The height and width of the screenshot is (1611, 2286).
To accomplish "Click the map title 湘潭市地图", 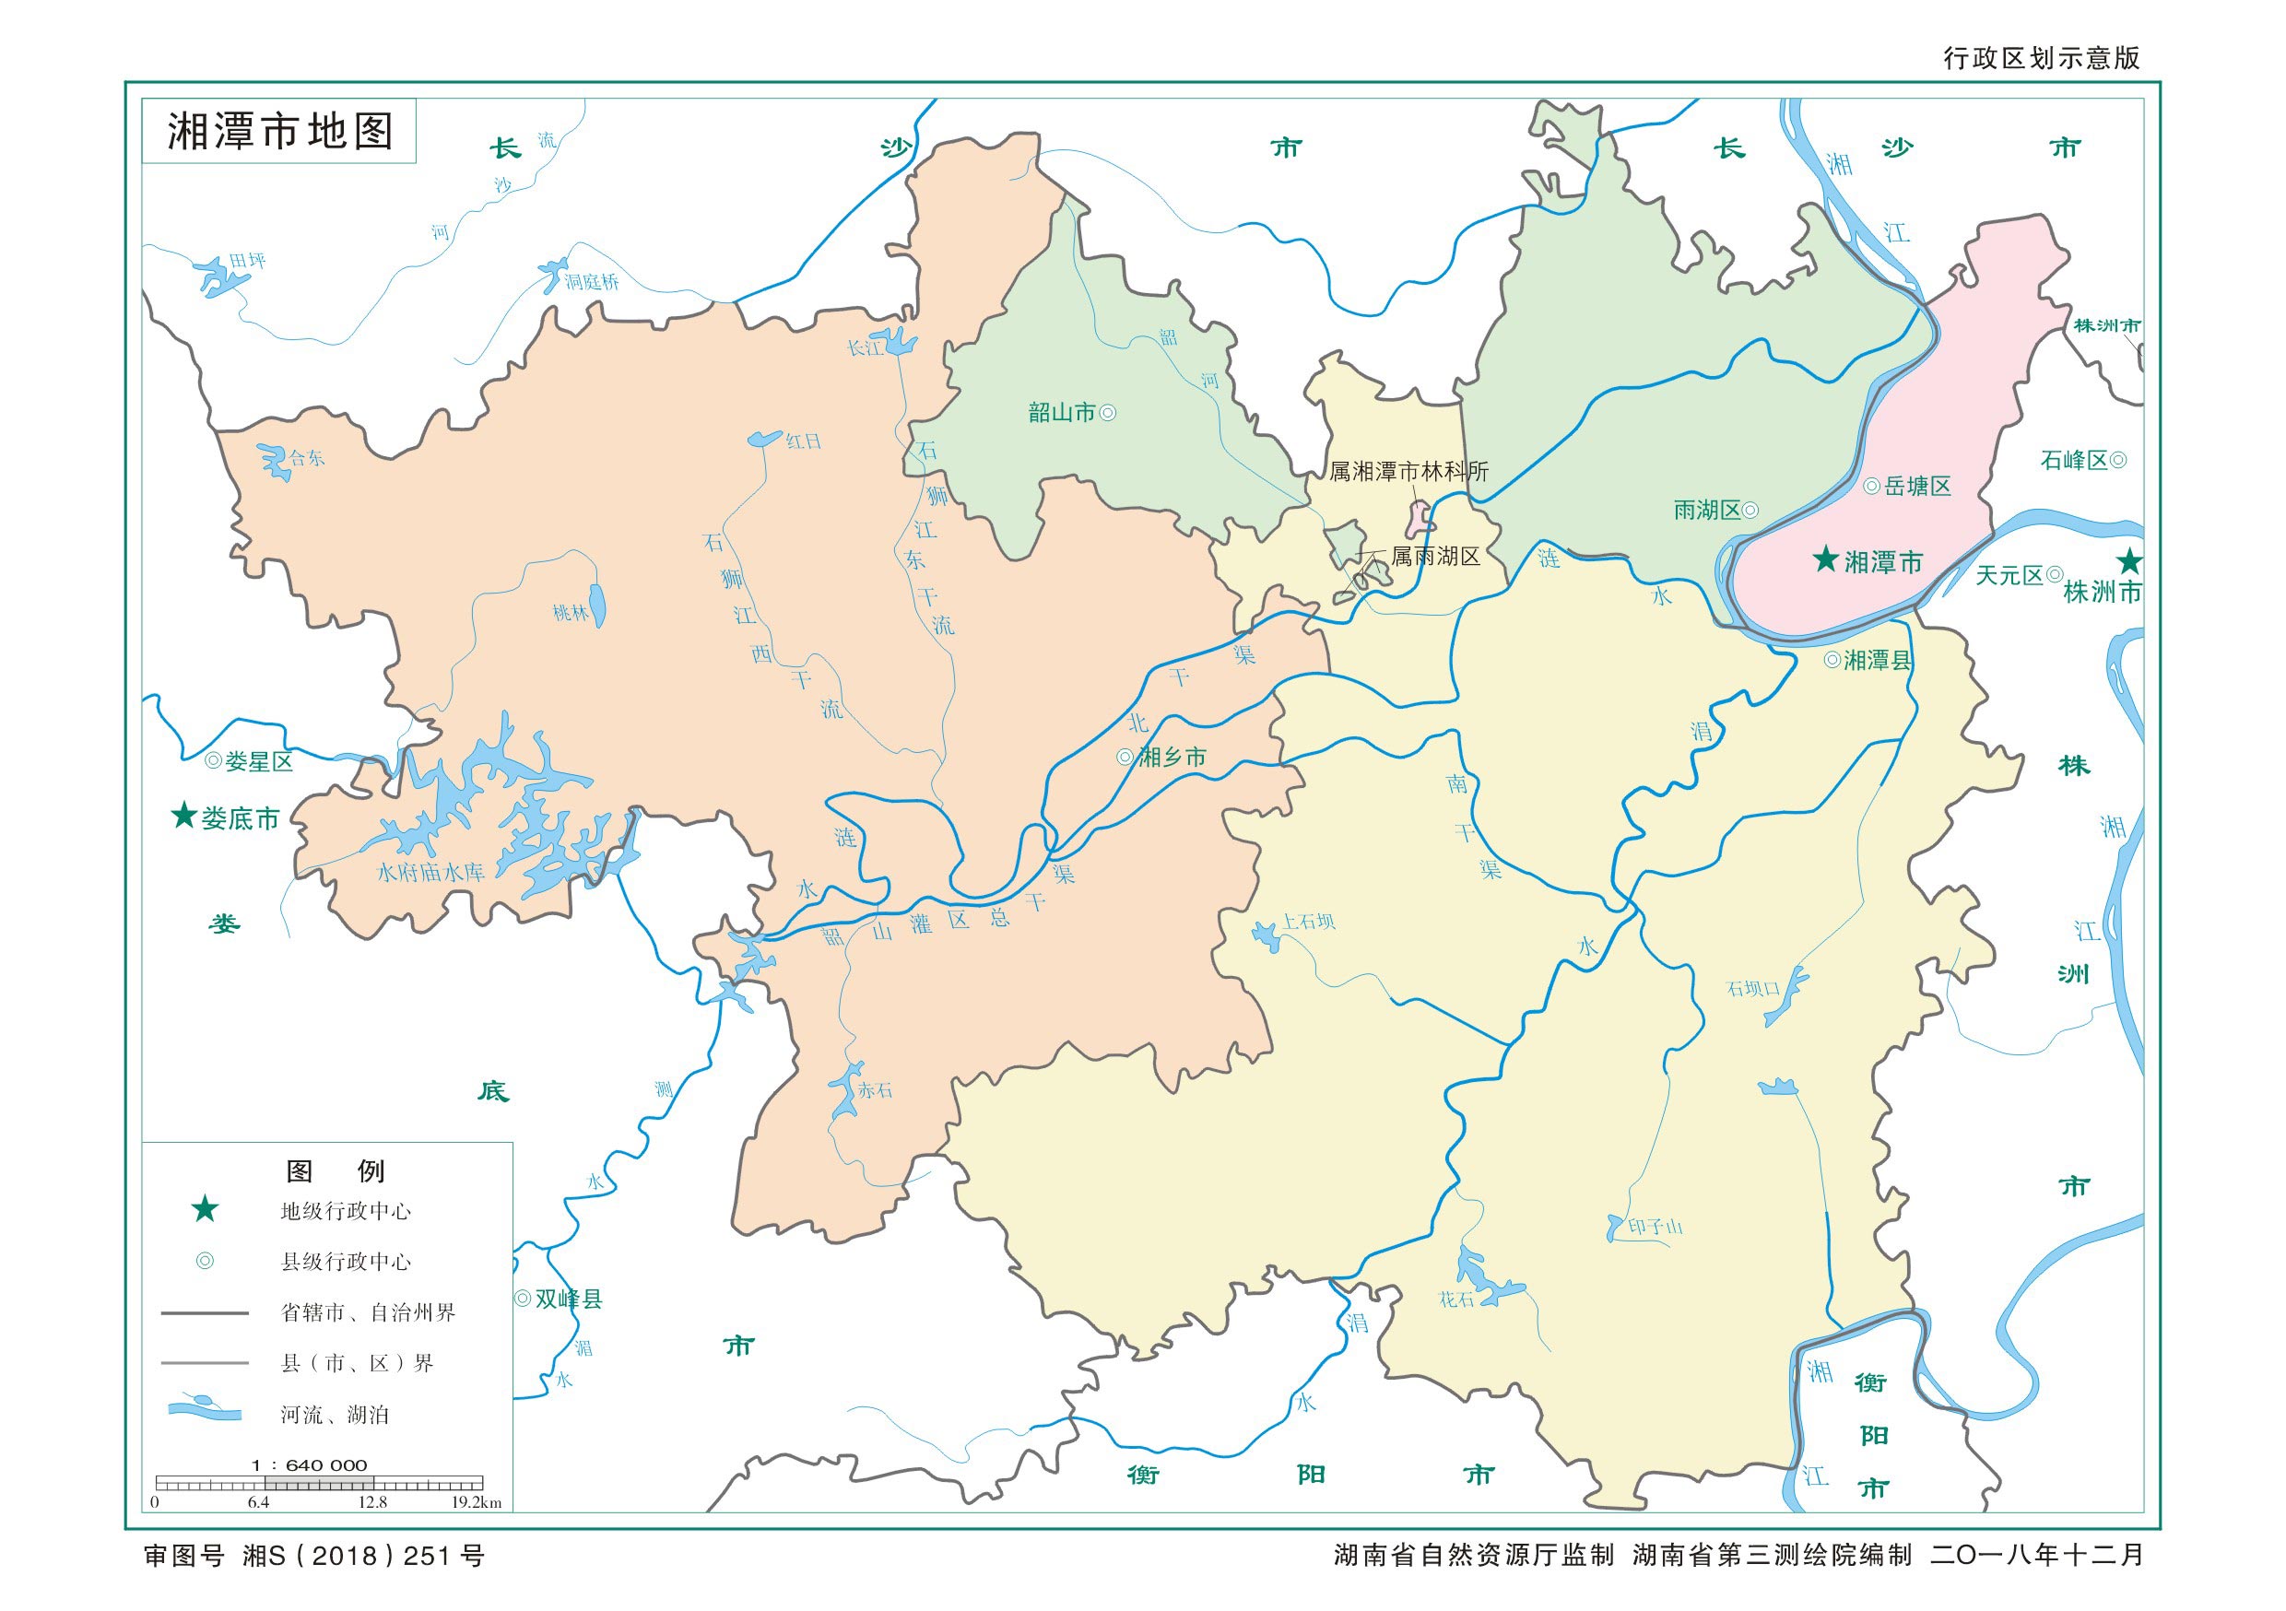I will coord(280,132).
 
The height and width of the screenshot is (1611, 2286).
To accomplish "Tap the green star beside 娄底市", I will coord(183,817).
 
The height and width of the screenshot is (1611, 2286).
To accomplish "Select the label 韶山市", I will coord(1061,412).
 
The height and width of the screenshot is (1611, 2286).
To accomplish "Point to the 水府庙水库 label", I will coord(430,872).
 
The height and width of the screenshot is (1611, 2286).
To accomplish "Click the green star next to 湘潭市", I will coord(1825,559).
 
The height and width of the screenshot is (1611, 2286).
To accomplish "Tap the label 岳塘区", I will coord(1916,486).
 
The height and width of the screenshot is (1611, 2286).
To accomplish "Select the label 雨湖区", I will coord(1706,511).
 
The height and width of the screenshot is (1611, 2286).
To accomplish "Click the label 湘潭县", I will coord(1878,660).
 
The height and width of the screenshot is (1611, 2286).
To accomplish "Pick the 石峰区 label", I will coord(2074,460).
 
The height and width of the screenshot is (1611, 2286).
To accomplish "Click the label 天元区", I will coord(2009,574).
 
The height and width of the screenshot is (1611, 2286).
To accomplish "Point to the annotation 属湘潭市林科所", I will coord(1408,472).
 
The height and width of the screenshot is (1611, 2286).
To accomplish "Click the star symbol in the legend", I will coord(206,1210).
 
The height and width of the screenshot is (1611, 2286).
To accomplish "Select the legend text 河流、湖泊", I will coord(335,1414).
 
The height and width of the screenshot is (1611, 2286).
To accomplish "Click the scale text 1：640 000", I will coord(310,1465).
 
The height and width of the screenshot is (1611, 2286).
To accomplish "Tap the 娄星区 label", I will coord(259,761).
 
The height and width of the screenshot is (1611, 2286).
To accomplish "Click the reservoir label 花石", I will coord(1455,1299).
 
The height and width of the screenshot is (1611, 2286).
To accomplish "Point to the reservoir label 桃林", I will coord(571,613).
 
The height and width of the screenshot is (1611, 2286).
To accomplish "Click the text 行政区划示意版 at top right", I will coord(2041,58).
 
